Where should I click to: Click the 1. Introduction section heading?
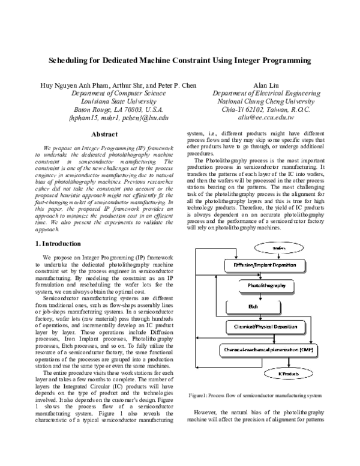[57, 243]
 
